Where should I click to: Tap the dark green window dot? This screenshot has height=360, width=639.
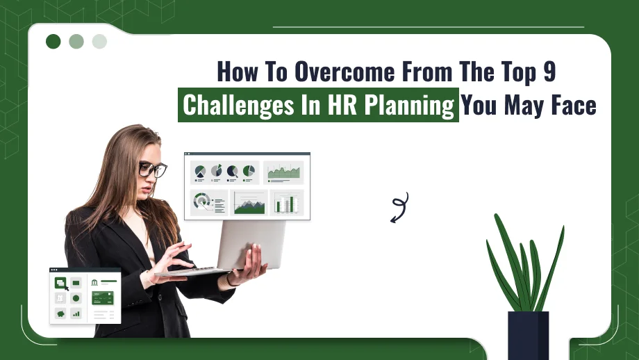53,42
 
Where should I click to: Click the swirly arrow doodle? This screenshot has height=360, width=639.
399,207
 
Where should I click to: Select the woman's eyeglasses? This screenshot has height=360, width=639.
152,169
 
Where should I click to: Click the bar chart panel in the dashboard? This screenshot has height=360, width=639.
285,202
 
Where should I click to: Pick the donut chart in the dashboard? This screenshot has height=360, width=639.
202,202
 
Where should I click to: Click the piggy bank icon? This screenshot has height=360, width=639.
60,313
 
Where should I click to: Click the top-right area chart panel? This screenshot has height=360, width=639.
283,172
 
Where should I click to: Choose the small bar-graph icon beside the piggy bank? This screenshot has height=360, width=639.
76,313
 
